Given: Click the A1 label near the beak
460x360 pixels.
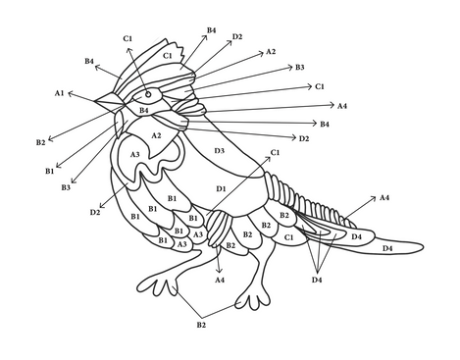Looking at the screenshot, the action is (59, 93).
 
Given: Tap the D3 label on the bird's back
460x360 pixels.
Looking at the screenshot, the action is (220, 151).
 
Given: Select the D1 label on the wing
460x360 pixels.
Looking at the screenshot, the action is (222, 188).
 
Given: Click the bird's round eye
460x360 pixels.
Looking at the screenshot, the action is (148, 94).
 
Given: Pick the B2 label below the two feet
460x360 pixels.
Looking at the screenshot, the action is (201, 325).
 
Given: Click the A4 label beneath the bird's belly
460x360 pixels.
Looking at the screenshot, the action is (220, 280).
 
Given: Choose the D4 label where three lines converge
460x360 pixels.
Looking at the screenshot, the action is (317, 280).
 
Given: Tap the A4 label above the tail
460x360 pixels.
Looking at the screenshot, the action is (384, 197).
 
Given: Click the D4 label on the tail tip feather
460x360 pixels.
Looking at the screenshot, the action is (387, 249).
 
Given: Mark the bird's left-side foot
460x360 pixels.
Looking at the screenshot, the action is (158, 285).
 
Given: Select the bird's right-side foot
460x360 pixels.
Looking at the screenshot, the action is (253, 299).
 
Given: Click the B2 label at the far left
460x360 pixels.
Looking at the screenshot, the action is (41, 142).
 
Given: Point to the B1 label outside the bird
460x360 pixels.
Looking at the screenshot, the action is (50, 171).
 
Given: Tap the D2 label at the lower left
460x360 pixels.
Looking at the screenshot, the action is (95, 213).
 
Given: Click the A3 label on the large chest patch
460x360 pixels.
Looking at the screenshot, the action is (135, 154).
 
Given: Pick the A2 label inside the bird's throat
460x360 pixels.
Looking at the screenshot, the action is (156, 135).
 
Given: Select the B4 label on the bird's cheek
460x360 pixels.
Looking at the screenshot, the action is (144, 110).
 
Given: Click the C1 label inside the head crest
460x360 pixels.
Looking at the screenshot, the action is (168, 56).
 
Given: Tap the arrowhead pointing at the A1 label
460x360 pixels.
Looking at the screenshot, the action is (70, 94).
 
